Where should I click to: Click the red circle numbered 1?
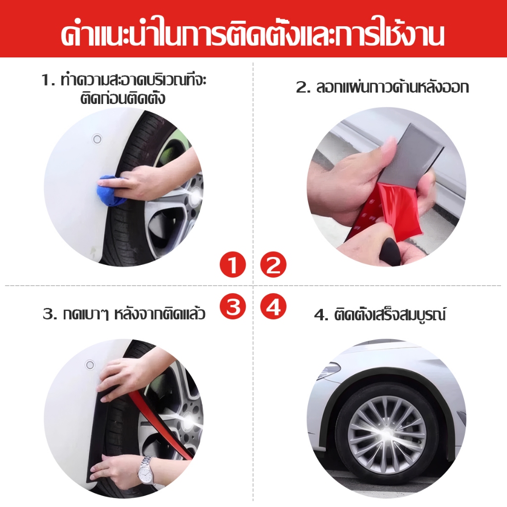coord(233,264)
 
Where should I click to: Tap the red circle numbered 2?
coord(273,264)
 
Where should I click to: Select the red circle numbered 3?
coord(233,306)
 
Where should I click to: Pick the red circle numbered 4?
coord(273,306)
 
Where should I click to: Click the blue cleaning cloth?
coord(111,191)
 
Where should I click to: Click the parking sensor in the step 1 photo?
coord(97,139)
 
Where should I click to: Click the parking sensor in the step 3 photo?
coord(90,365)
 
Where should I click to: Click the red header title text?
coord(253,34)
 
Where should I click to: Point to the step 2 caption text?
coord(382,87)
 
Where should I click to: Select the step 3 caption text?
coord(124,313)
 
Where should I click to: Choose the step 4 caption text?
coord(380,314)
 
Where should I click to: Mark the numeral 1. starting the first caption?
coord(49,80)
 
